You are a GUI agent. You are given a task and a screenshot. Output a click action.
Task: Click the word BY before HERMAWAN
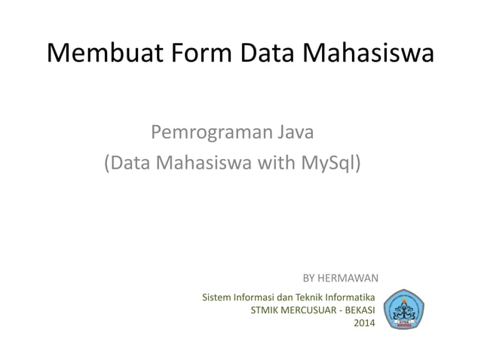(x=309, y=279)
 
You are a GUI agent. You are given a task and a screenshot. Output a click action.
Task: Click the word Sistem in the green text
(x=216, y=297)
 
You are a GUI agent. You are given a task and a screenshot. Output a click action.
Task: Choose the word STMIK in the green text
(x=263, y=310)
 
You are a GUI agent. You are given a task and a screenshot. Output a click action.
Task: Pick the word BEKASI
(x=360, y=310)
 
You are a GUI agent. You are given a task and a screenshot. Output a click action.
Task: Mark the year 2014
(x=364, y=324)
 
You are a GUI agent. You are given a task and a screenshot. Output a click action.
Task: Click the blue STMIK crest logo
(x=405, y=310)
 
